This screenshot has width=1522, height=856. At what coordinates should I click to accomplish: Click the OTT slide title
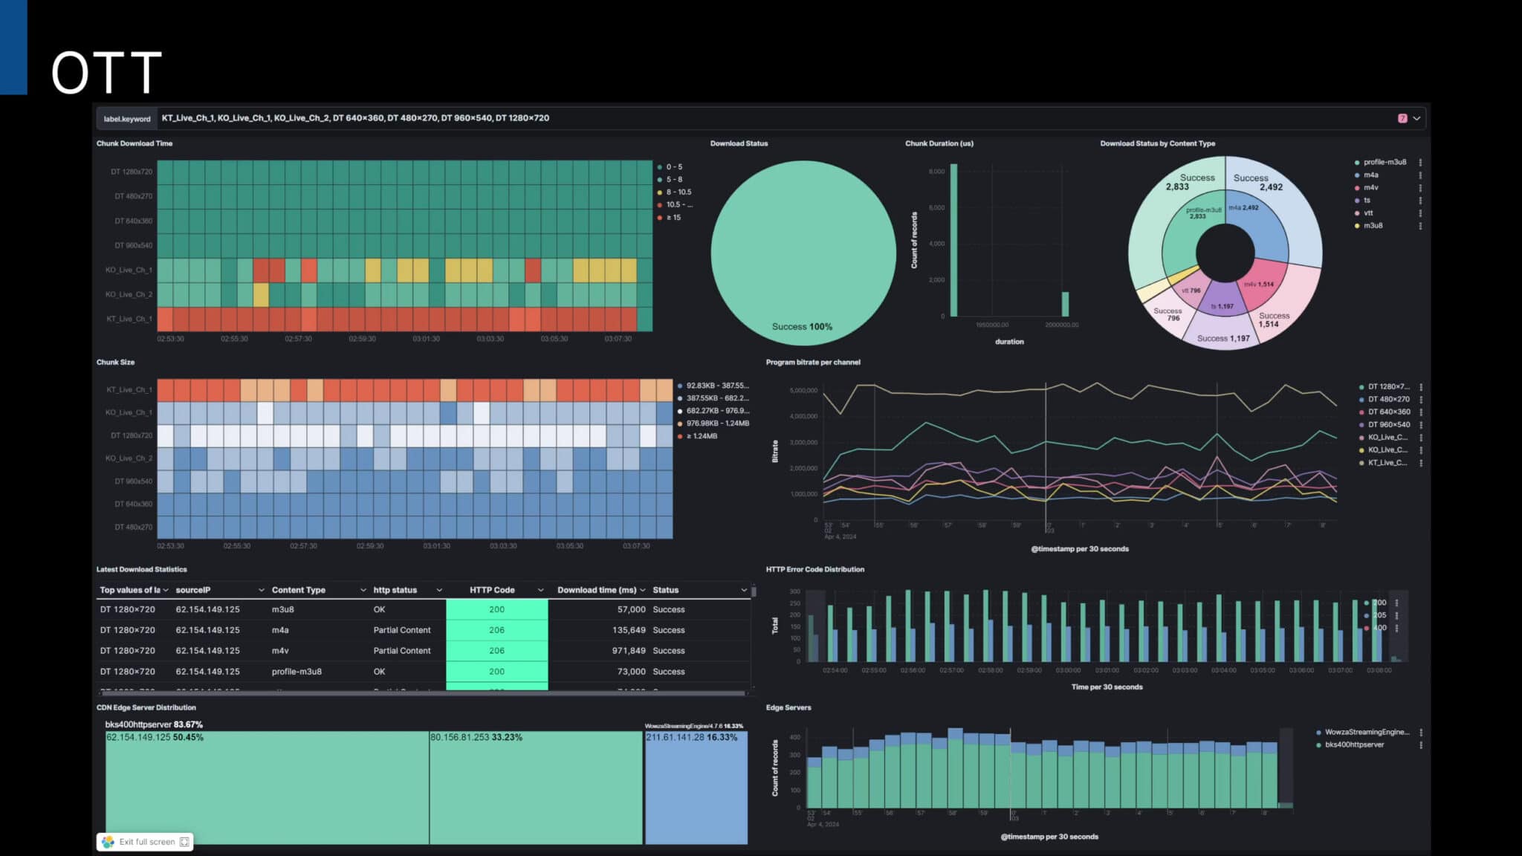[106, 72]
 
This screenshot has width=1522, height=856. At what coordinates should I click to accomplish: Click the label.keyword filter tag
[127, 118]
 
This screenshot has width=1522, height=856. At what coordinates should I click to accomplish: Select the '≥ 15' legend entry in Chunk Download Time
[673, 218]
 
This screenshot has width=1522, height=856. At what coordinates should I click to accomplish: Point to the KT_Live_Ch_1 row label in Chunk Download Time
[129, 319]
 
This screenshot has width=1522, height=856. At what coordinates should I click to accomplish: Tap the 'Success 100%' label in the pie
[802, 327]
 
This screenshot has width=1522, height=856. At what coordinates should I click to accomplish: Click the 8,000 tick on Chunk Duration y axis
[936, 172]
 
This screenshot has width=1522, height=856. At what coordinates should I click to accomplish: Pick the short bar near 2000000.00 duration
[1065, 305]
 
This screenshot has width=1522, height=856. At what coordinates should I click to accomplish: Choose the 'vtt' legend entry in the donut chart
[1368, 213]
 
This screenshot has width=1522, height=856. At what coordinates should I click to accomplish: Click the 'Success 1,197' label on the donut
[1223, 339]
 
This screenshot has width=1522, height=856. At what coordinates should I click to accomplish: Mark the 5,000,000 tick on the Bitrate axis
[803, 390]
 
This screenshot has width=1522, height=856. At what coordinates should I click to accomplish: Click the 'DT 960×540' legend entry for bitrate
[1388, 425]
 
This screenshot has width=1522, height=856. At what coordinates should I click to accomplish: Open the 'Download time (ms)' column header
[597, 590]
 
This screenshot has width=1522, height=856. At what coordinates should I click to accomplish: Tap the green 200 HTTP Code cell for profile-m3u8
[496, 672]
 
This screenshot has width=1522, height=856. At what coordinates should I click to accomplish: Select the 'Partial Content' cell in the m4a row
[401, 630]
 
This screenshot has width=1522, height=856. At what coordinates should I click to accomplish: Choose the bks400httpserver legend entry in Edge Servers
[1354, 745]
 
